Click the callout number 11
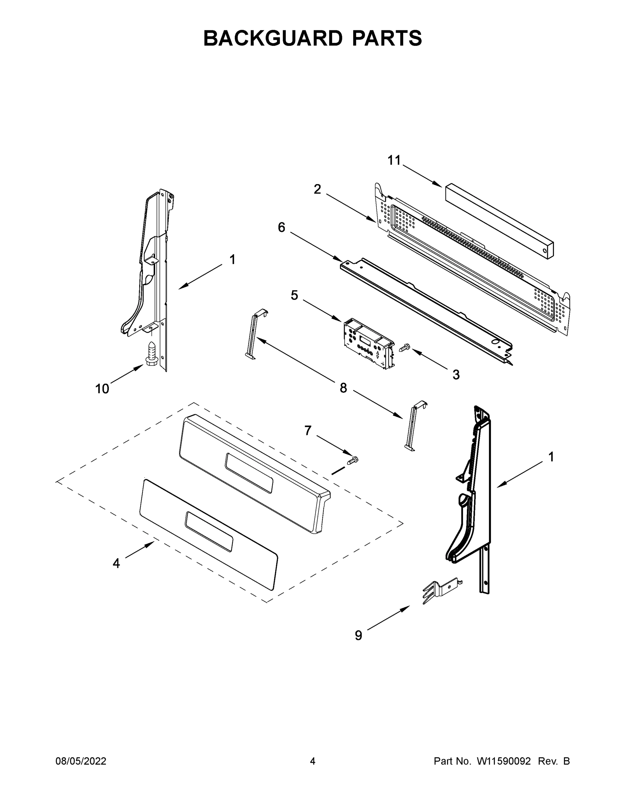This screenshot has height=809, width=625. [x=394, y=160]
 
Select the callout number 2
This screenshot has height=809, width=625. [x=317, y=189]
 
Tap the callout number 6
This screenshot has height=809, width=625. [x=281, y=228]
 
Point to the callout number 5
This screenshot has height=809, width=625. [x=294, y=295]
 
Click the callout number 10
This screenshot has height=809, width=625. [x=102, y=389]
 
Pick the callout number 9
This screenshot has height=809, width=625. [x=358, y=636]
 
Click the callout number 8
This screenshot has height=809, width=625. [x=343, y=388]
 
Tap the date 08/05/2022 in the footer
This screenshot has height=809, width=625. [x=81, y=761]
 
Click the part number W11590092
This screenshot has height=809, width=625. [x=504, y=761]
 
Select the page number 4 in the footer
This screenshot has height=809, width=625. [x=313, y=761]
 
